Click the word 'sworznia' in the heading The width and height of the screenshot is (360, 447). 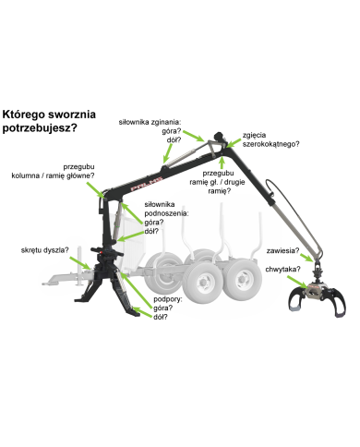72,115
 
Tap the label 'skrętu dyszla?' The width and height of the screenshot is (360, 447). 45,250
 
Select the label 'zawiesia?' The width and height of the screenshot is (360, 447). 282,250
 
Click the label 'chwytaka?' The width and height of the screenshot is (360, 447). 282,270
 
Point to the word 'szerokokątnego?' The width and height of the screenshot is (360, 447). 270,144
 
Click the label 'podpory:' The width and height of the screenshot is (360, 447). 168,299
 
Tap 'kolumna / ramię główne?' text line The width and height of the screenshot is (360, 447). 53,175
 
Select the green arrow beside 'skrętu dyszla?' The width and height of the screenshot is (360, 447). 80,263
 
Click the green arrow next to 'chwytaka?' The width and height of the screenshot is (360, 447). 297,282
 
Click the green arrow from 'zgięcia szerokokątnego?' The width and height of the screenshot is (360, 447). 234,143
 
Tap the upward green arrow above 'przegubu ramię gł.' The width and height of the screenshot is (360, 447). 222,162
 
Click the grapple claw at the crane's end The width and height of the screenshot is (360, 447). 318,299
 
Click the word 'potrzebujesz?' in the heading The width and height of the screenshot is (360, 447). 40,128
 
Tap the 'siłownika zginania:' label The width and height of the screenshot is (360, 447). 150,122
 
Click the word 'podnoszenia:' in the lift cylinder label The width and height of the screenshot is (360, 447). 165,213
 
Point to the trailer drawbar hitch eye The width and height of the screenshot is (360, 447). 47,284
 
